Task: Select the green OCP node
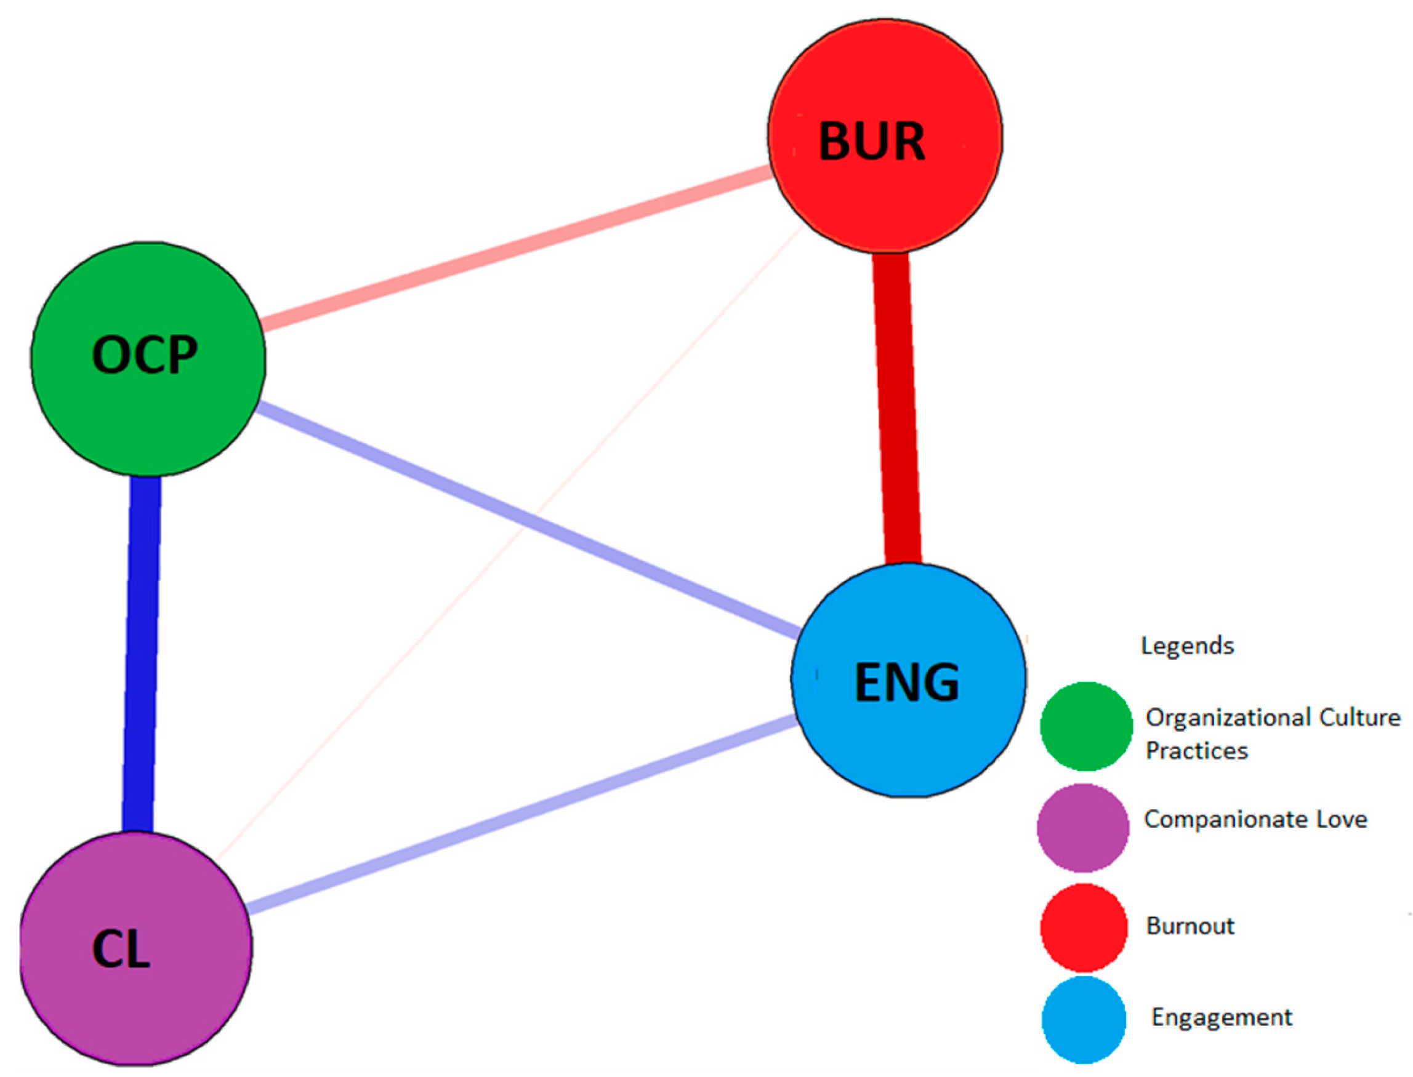pos(148,358)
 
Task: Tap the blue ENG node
pos(908,680)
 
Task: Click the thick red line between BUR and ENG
pos(897,410)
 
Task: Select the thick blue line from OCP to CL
pos(142,654)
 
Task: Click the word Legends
pos(1187,646)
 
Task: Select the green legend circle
pos(1086,726)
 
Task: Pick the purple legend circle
pos(1082,827)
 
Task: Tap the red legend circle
pos(1084,927)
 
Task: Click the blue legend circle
pos(1084,1019)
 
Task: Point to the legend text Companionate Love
pos(1255,819)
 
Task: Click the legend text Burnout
pos(1190,926)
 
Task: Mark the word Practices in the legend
pos(1196,751)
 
